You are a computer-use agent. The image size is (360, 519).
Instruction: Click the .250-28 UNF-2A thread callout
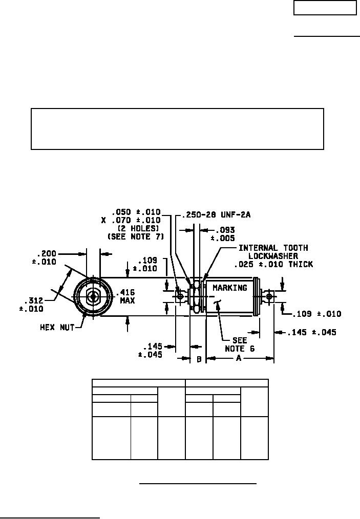tap(217, 215)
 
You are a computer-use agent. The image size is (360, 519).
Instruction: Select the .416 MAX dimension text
tap(127, 296)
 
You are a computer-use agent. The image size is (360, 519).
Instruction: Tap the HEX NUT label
tap(57, 328)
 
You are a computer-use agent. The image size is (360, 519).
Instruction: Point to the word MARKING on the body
tap(230, 288)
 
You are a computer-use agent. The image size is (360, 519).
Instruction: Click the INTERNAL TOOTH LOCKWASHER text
tap(273, 252)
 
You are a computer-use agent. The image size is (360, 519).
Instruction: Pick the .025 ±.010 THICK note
tap(273, 264)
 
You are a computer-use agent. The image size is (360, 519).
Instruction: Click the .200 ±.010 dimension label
tap(45, 258)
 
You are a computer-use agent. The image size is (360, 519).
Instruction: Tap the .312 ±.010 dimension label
tap(31, 305)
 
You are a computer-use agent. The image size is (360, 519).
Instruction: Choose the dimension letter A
tap(239, 358)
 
